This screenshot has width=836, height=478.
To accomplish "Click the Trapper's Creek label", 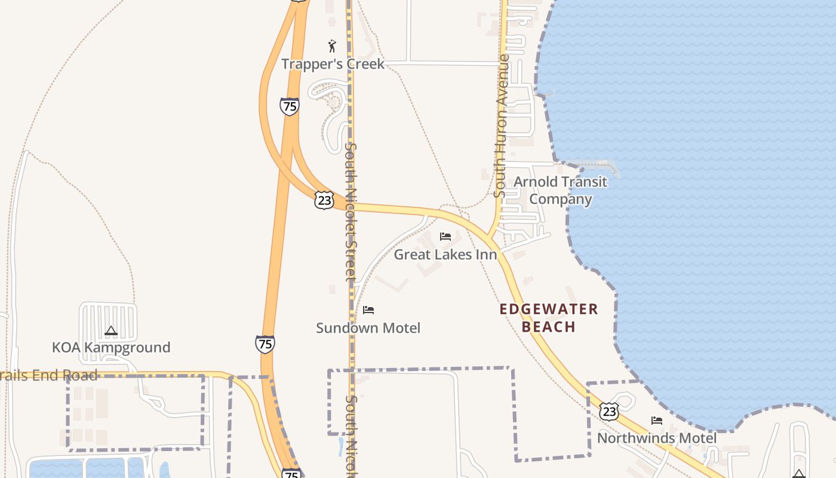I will (333, 64).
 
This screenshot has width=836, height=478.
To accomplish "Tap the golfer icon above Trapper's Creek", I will (332, 46).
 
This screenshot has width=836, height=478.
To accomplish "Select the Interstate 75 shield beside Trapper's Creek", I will (289, 106).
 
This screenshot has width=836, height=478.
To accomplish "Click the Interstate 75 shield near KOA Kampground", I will (265, 344).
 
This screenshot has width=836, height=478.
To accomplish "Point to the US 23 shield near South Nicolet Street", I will (324, 200).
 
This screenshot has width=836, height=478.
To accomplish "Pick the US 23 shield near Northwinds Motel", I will (608, 411).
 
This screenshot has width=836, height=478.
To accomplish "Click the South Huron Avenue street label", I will (502, 125).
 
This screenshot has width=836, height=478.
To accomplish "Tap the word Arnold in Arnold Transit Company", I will (536, 182).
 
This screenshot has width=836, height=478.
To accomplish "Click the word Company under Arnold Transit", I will (560, 199).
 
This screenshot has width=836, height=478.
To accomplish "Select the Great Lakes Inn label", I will (445, 255).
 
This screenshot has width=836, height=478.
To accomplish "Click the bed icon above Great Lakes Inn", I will (445, 237).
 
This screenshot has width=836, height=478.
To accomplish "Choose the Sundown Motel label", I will (368, 327).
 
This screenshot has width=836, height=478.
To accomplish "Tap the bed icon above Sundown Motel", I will (368, 310).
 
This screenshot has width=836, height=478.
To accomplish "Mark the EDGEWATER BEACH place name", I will (548, 317).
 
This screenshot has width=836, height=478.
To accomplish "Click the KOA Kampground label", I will (111, 347).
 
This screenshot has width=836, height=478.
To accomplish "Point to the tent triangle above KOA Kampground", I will (110, 330).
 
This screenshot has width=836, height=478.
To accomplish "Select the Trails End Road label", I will (48, 375).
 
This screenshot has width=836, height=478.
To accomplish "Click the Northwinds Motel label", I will (657, 438).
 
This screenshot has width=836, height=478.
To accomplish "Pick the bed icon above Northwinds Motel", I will (657, 421).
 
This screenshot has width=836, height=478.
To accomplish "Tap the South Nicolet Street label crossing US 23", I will (351, 212).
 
